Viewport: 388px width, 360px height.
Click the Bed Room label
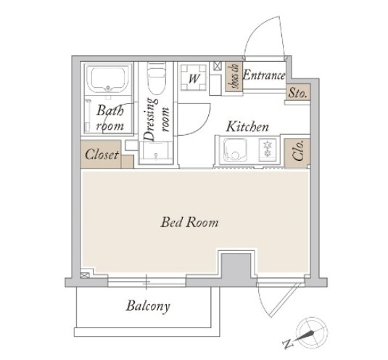[189, 222]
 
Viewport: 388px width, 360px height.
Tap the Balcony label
[148, 306]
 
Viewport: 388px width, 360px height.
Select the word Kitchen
[247, 126]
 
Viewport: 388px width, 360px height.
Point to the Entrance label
[264, 75]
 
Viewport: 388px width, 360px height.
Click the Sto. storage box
[298, 92]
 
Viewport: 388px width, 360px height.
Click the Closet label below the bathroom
[102, 155]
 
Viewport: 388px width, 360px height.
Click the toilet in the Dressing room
[157, 78]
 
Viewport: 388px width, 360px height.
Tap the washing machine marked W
[194, 78]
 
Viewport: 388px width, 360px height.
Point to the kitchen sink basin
[235, 150]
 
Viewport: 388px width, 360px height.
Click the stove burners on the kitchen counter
[267, 149]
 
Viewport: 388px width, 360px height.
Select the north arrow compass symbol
[312, 332]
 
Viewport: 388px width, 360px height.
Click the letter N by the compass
[288, 344]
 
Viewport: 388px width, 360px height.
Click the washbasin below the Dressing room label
[156, 152]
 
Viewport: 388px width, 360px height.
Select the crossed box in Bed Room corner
[85, 275]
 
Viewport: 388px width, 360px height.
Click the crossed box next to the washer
[217, 66]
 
